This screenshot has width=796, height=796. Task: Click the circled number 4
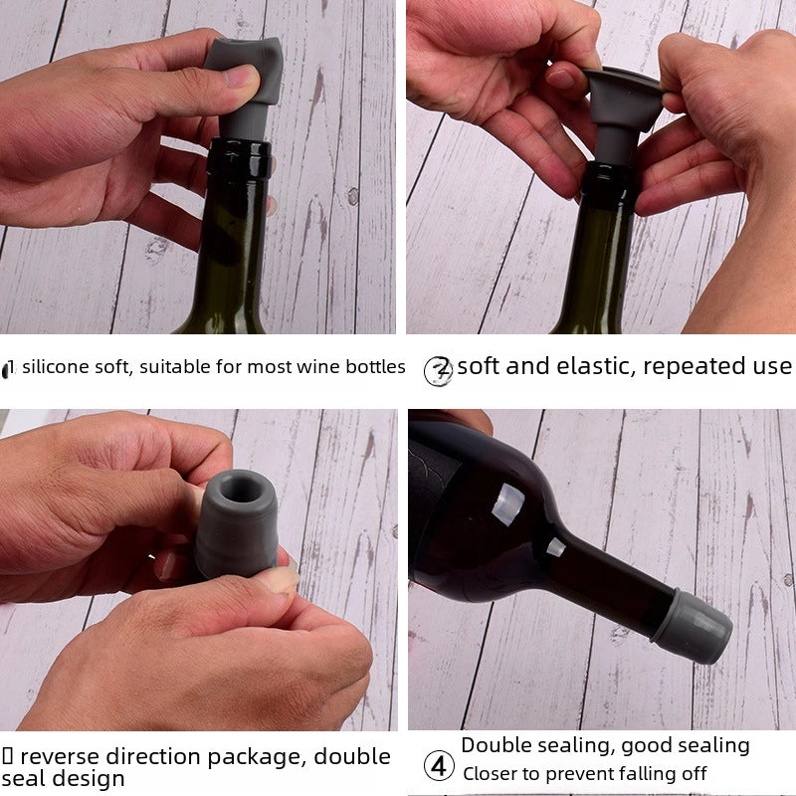439,767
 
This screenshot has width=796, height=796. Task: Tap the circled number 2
438,370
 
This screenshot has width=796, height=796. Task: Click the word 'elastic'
594,366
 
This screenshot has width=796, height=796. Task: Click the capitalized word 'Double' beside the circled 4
498,745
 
